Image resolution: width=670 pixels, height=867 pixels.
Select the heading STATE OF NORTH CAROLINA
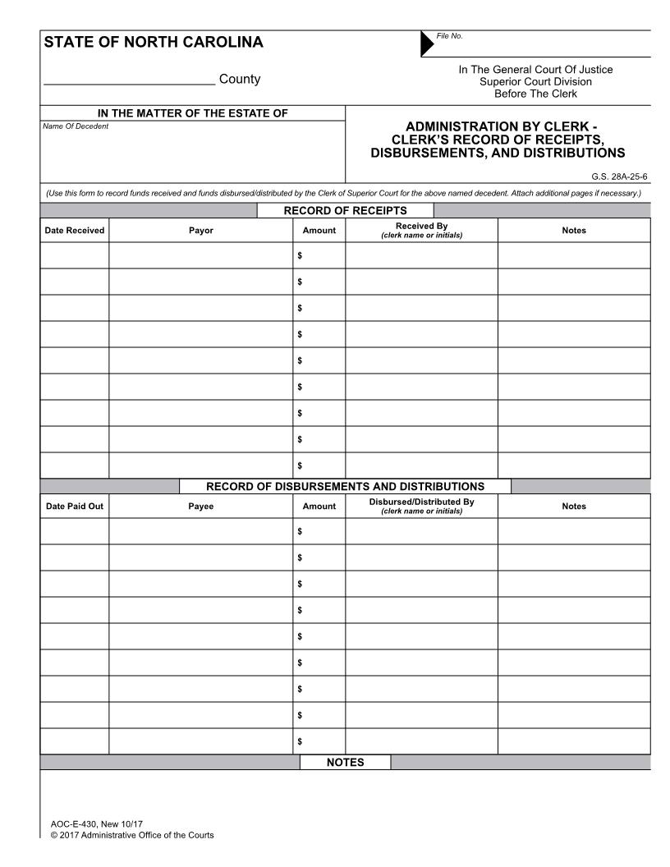click(154, 42)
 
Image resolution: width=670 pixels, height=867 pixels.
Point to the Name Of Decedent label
click(76, 126)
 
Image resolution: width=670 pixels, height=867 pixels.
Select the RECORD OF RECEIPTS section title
click(345, 211)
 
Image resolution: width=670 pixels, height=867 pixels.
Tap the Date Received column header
click(75, 231)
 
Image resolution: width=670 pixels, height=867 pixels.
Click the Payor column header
click(200, 231)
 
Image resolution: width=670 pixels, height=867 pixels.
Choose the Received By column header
click(421, 230)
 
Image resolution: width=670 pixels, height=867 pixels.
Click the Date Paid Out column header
click(75, 507)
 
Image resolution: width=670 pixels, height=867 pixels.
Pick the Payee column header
click(200, 507)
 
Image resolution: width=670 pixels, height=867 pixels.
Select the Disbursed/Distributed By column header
click(421, 506)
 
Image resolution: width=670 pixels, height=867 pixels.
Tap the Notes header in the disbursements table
click(574, 507)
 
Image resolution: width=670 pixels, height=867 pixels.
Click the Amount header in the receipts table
click(319, 231)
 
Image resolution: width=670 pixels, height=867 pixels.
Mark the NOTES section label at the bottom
click(345, 763)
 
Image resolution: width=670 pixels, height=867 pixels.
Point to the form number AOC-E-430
click(74, 823)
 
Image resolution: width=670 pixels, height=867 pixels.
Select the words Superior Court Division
click(535, 81)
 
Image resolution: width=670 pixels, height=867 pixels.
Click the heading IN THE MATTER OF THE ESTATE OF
click(193, 113)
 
